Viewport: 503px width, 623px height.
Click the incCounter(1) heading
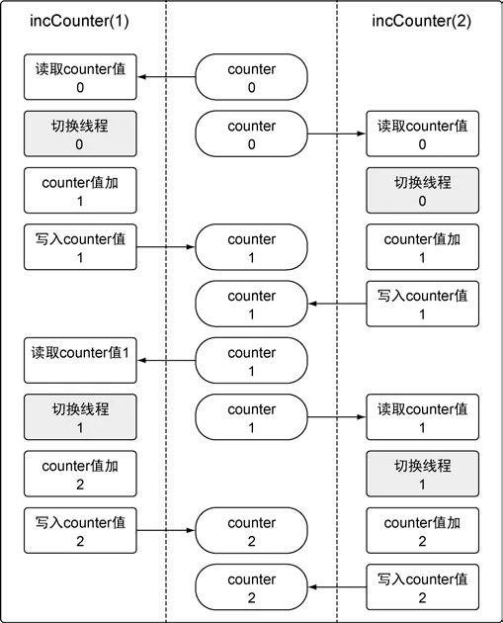tap(79, 21)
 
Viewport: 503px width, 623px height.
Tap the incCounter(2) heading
tap(422, 21)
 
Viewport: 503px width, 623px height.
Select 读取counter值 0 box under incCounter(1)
tap(80, 77)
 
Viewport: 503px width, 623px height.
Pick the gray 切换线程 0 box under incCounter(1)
tap(80, 133)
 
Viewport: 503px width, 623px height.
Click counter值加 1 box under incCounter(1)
tap(80, 190)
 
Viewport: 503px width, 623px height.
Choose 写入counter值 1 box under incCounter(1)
tap(80, 247)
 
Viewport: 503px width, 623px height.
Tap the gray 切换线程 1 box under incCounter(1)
tap(80, 417)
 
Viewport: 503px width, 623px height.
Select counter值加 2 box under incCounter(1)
tap(80, 474)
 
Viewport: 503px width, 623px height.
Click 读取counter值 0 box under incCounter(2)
tap(422, 133)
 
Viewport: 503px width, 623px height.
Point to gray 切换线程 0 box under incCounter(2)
tap(422, 190)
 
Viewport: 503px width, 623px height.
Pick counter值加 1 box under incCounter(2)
tap(422, 247)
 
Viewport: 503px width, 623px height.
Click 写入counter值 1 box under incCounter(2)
tap(422, 304)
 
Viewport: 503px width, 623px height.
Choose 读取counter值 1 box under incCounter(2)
tap(422, 417)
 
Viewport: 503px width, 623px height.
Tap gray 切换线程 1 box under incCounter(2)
tap(422, 474)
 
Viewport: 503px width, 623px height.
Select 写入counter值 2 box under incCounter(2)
tap(422, 587)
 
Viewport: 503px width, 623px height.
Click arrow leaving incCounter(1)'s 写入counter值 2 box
tap(166, 530)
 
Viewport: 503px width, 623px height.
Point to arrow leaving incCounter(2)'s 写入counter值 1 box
tap(337, 304)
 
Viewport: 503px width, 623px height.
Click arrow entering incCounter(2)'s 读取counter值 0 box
tap(337, 133)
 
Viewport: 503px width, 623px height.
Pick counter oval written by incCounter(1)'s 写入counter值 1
tap(251, 247)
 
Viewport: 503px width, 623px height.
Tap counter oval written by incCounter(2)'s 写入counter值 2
tap(251, 587)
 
